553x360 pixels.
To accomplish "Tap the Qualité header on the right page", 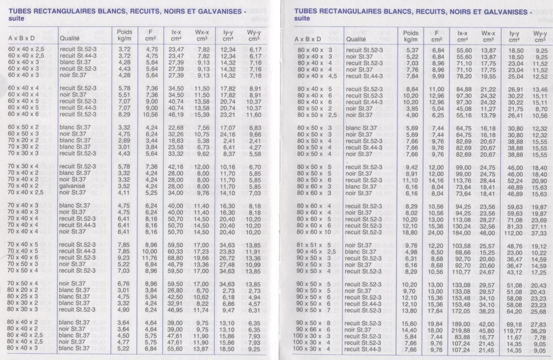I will (x=356, y=39).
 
